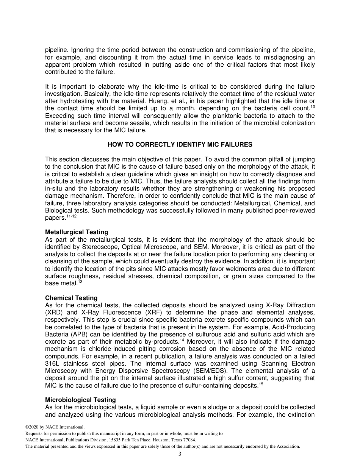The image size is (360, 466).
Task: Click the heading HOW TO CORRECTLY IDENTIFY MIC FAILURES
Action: pyautogui.click(x=180, y=145)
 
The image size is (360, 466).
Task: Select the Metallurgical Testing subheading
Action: pyautogui.click(x=77, y=232)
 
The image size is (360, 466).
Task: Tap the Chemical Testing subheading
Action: pyautogui.click(x=71, y=298)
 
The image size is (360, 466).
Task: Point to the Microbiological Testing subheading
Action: pyautogui.click(x=80, y=400)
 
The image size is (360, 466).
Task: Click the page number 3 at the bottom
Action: pyautogui.click(x=180, y=454)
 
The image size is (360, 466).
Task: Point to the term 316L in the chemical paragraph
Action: pyautogui.click(x=52, y=363)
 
